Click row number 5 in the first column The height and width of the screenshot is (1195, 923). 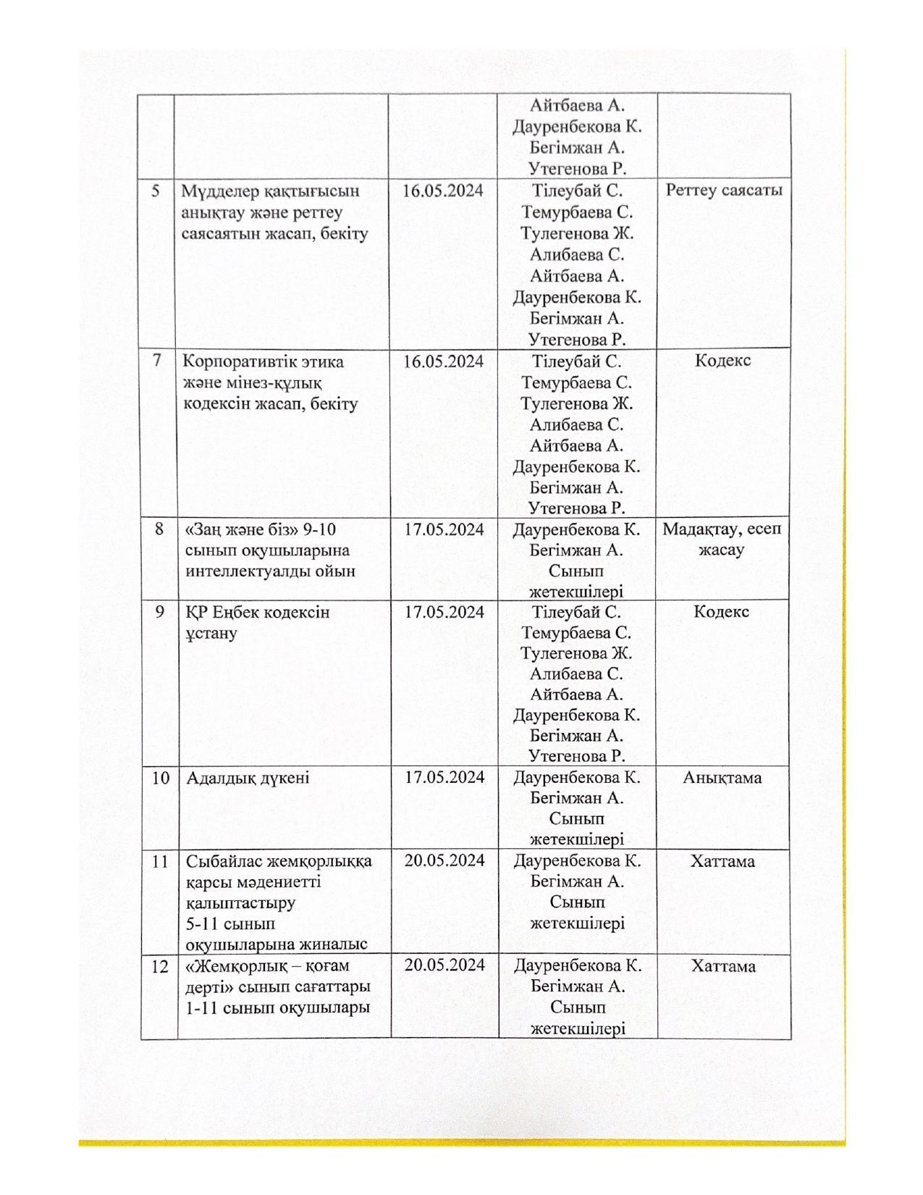pyautogui.click(x=156, y=191)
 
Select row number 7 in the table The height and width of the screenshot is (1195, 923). pyautogui.click(x=156, y=361)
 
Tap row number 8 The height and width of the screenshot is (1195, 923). pyautogui.click(x=159, y=529)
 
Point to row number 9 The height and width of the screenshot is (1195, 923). pyautogui.click(x=159, y=612)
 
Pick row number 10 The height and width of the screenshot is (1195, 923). pyautogui.click(x=160, y=778)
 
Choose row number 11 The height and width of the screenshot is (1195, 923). pyautogui.click(x=160, y=861)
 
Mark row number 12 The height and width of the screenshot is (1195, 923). pyautogui.click(x=160, y=966)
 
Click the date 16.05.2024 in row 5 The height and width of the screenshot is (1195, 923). pyautogui.click(x=443, y=191)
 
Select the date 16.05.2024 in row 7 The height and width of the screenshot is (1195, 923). pyautogui.click(x=443, y=361)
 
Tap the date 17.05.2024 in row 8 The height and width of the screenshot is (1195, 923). pyautogui.click(x=444, y=529)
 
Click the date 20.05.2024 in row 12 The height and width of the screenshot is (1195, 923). pyautogui.click(x=444, y=965)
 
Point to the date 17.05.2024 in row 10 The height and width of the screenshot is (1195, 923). pyautogui.click(x=444, y=778)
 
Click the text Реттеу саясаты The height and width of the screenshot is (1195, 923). pyautogui.click(x=723, y=191)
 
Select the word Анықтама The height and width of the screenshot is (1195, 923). pyautogui.click(x=722, y=778)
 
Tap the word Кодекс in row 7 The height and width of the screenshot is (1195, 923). pyautogui.click(x=722, y=361)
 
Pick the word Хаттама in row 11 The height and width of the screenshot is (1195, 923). pyautogui.click(x=722, y=861)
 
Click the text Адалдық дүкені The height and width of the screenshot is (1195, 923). pyautogui.click(x=248, y=779)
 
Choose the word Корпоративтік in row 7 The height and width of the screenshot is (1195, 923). pyautogui.click(x=237, y=361)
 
